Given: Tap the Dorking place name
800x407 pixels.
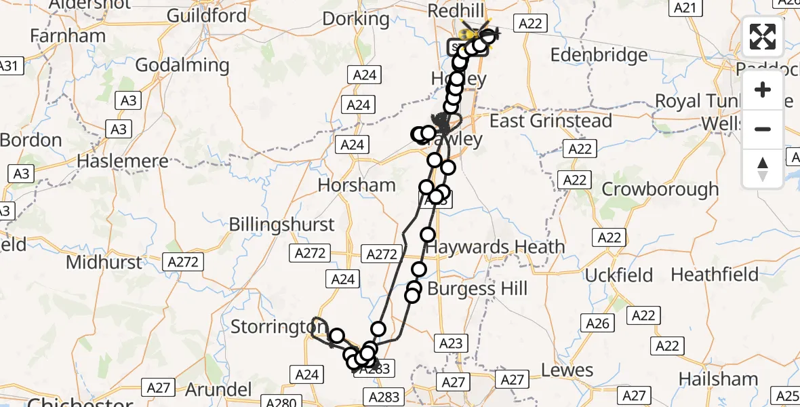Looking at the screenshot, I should click(356, 18).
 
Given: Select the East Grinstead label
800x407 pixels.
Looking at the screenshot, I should click(551, 121).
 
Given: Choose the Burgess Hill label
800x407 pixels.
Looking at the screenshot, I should click(477, 289).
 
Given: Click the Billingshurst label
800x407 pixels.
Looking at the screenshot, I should click(281, 225).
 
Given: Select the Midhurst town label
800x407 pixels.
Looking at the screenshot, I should click(104, 262).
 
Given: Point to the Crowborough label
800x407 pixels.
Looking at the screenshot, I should click(660, 189).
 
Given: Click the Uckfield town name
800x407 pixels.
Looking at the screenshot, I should click(618, 275).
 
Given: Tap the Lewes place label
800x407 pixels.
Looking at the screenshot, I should click(567, 370).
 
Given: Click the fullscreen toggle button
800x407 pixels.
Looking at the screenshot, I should click(763, 37).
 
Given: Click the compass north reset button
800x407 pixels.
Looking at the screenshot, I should click(763, 168).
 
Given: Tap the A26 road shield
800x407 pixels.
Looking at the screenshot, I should click(597, 324).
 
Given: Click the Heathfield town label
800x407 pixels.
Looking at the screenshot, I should click(715, 274).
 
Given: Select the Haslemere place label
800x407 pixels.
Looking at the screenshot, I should click(123, 161).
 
